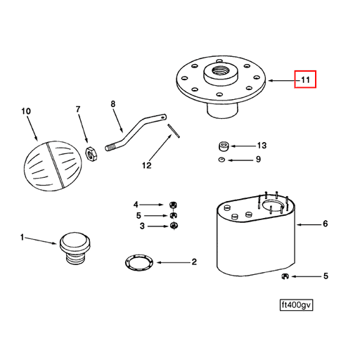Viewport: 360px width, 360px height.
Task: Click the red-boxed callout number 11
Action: [305, 80]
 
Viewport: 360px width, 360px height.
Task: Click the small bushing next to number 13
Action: [223, 146]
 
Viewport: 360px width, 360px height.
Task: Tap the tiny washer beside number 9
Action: [220, 160]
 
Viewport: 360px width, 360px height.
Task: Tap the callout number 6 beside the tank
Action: [325, 225]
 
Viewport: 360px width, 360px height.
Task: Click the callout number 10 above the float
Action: [26, 111]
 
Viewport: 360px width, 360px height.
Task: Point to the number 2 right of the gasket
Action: [193, 263]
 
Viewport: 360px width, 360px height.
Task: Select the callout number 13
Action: [262, 146]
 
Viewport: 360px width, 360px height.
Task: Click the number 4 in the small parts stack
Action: [138, 205]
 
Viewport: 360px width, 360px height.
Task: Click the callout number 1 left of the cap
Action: [22, 238]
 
